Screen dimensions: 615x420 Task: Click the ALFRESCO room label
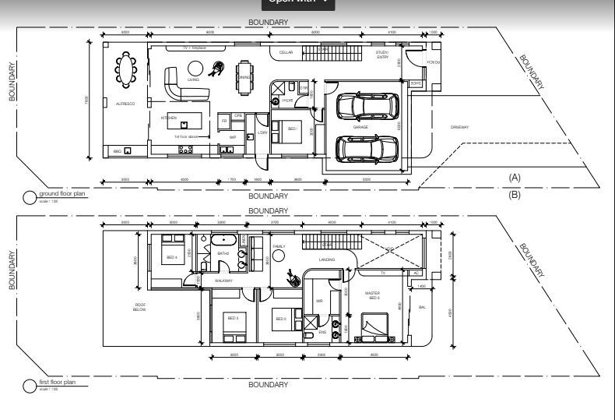125,104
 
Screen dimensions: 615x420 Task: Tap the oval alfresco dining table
125,67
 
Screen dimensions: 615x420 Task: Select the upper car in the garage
367,106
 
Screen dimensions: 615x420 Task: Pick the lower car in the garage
366,147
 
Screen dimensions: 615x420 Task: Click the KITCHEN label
169,118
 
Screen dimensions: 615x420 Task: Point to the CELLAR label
286,52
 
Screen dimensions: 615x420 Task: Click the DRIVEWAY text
460,126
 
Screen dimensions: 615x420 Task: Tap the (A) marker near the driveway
514,178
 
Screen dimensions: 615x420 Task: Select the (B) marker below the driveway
514,195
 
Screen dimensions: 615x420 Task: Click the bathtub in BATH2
222,240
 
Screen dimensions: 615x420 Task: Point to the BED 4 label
170,257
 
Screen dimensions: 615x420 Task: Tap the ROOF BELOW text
140,307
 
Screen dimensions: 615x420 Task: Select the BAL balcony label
423,307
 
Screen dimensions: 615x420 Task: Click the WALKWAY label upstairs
224,281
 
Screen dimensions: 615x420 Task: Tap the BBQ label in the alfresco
117,151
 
